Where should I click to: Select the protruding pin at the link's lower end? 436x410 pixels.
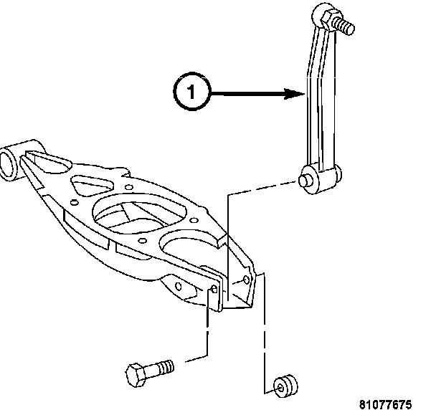click(307, 178)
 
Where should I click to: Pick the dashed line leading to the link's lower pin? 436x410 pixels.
click(258, 188)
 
